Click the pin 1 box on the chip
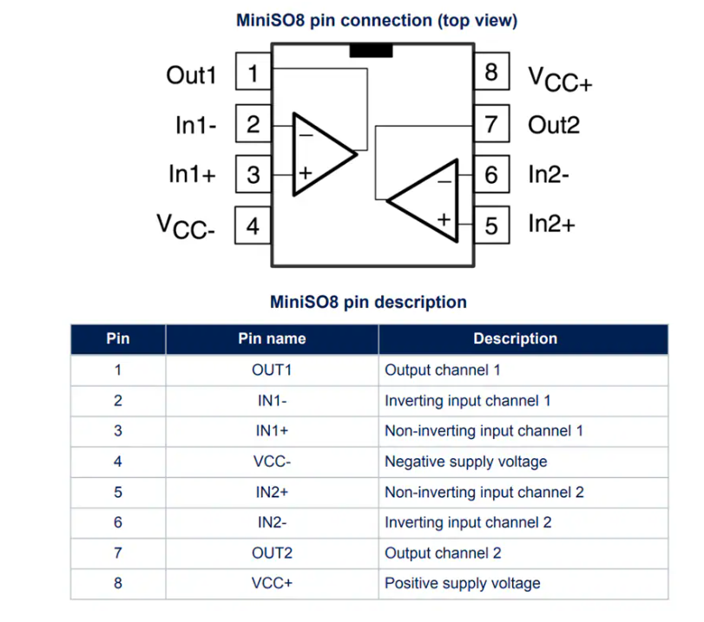pyautogui.click(x=253, y=71)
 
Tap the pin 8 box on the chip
pyautogui.click(x=491, y=71)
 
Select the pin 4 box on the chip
pyautogui.click(x=253, y=226)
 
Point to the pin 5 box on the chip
pyautogui.click(x=491, y=225)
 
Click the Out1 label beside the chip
pyautogui.click(x=191, y=75)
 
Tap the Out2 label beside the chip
pyautogui.click(x=554, y=125)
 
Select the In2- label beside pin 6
pyautogui.click(x=549, y=174)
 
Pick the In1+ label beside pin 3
pyautogui.click(x=192, y=174)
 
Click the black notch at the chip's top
pyautogui.click(x=371, y=50)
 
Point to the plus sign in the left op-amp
pyautogui.click(x=306, y=173)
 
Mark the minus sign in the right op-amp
pyautogui.click(x=444, y=182)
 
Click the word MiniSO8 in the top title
pyautogui.click(x=270, y=20)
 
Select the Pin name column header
pyautogui.click(x=272, y=338)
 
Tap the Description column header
pyautogui.click(x=516, y=338)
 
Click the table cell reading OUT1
pyautogui.click(x=272, y=370)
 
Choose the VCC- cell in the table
pyautogui.click(x=272, y=462)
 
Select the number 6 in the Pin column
pyautogui.click(x=118, y=522)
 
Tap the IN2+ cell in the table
pyautogui.click(x=272, y=492)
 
